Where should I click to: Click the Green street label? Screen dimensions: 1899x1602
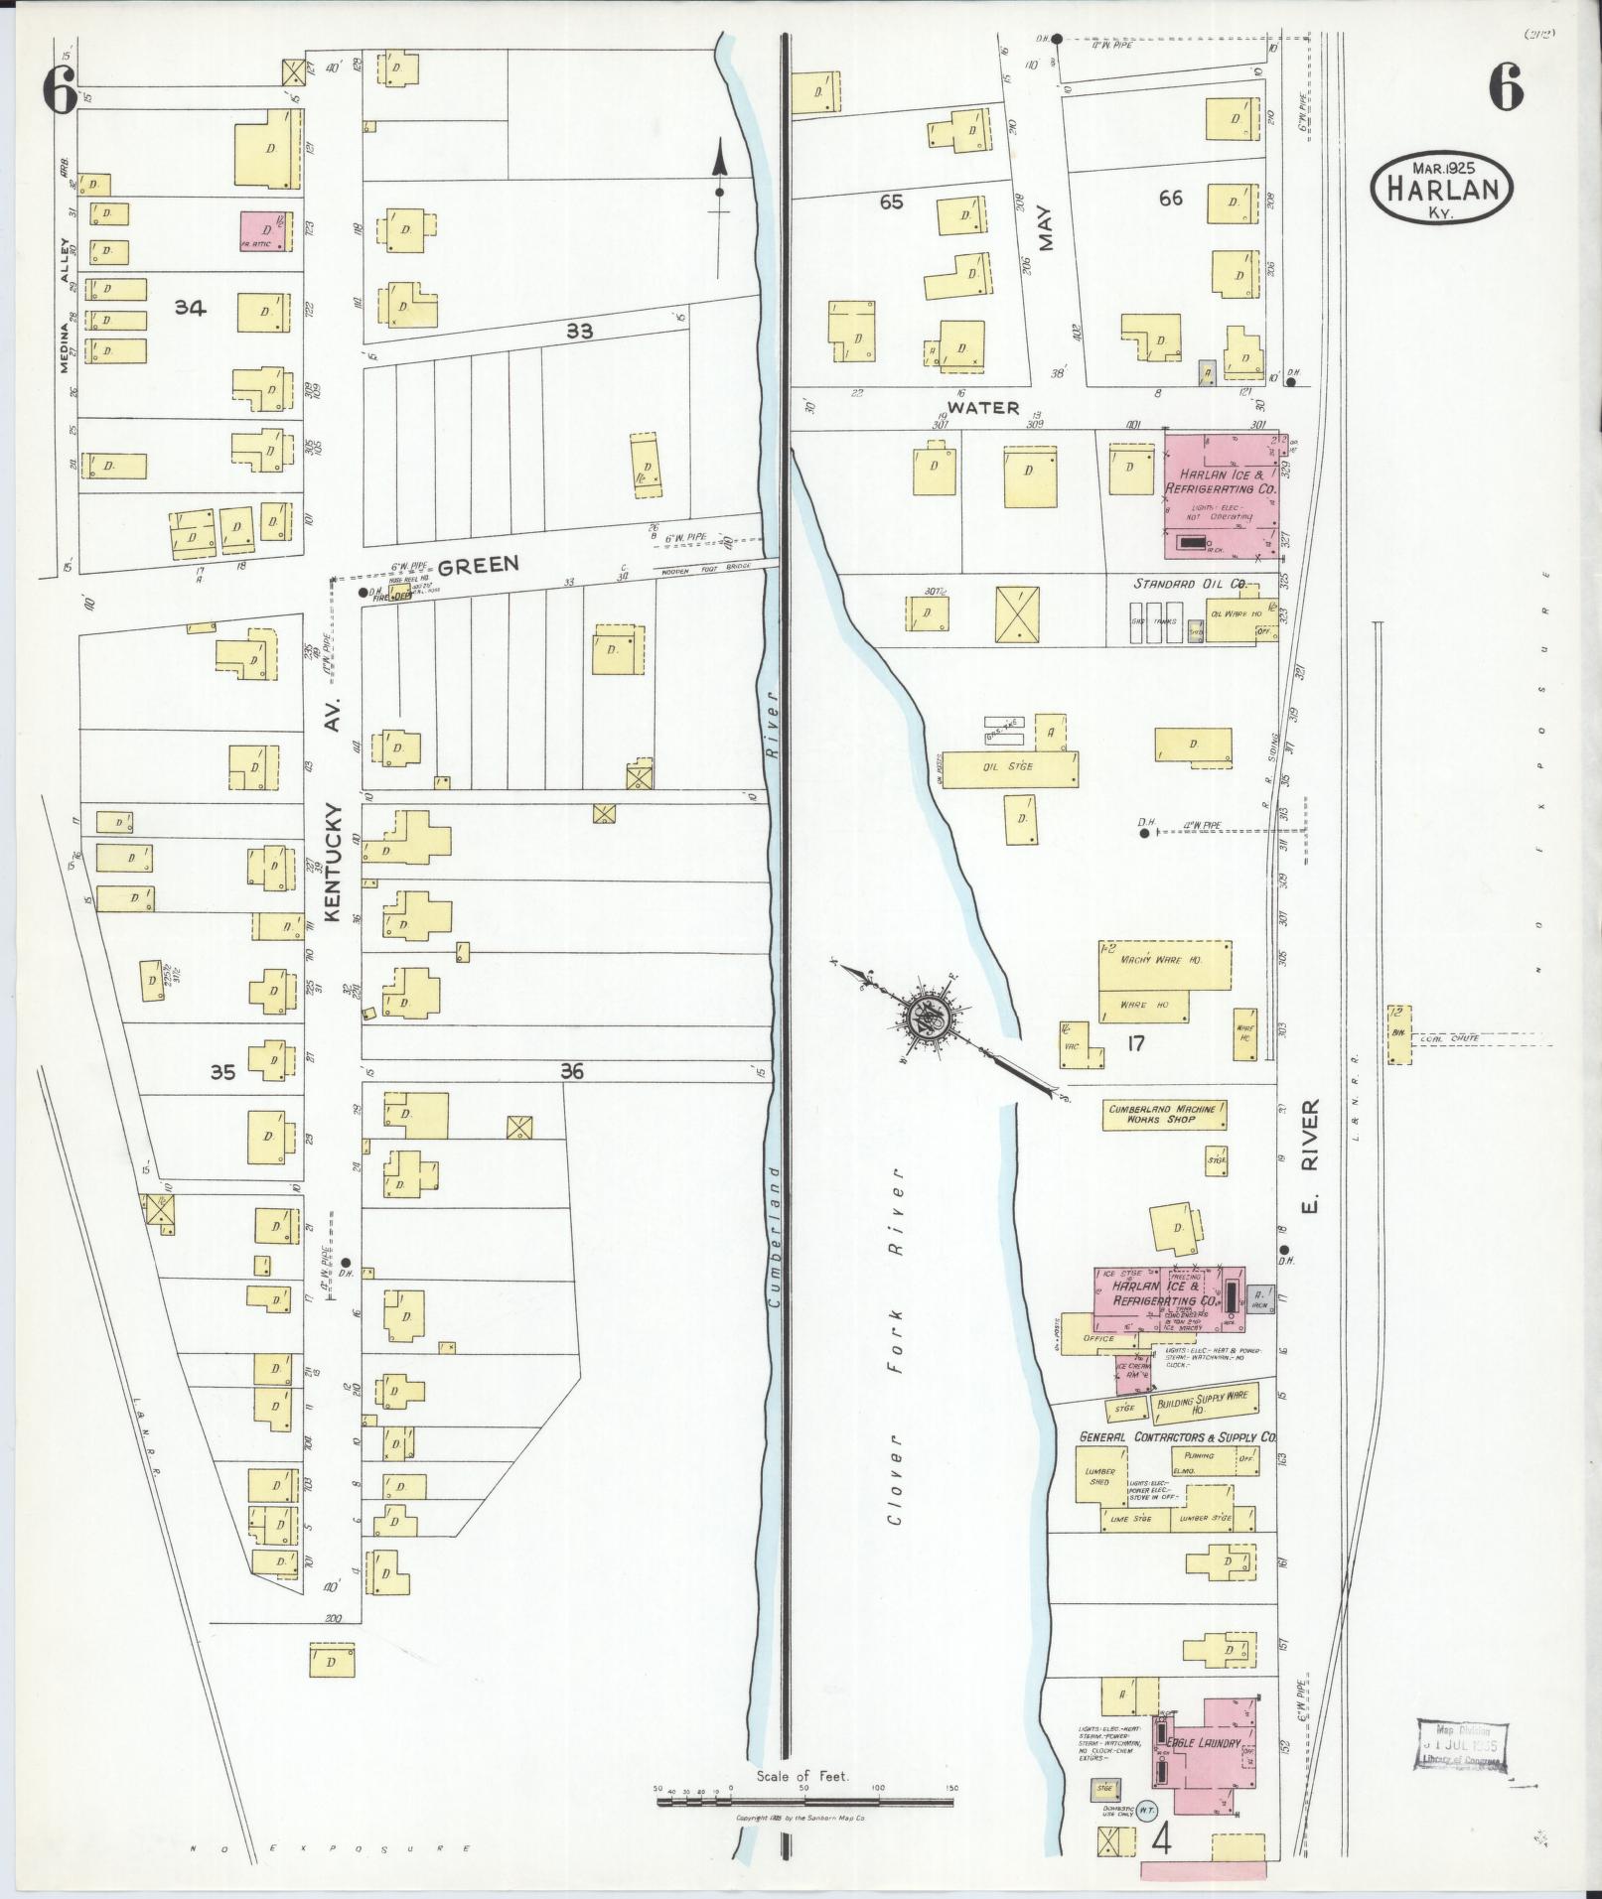click(x=478, y=565)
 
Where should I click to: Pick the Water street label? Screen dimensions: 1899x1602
click(x=982, y=407)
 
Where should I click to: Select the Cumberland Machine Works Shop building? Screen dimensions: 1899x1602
click(x=1164, y=1113)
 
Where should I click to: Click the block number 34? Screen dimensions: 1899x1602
click(x=190, y=308)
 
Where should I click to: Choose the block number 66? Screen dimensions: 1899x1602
click(x=1170, y=199)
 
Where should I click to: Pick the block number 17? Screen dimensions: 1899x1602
click(x=1136, y=1043)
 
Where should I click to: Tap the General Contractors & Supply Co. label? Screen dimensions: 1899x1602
click(x=1178, y=1436)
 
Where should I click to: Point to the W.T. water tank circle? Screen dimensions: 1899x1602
click(x=1147, y=1810)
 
